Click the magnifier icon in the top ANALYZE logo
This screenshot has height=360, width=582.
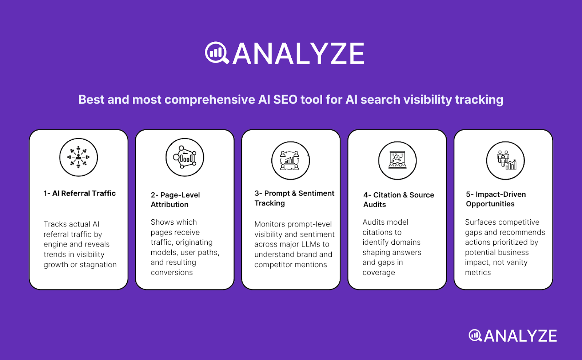[216, 53]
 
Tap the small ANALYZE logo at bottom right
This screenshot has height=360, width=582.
[513, 336]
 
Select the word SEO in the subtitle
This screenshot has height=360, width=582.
[285, 100]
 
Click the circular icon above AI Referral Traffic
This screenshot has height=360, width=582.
[79, 157]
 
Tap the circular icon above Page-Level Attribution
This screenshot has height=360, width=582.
[185, 157]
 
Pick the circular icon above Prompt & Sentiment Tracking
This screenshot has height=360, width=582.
[291, 160]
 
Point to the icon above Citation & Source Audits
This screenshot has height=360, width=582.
[397, 160]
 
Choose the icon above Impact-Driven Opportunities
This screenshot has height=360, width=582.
[505, 160]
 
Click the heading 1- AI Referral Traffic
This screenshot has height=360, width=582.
[80, 193]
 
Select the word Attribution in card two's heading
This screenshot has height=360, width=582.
[170, 204]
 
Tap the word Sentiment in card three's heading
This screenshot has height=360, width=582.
[316, 193]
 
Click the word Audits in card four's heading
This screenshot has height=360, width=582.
[374, 204]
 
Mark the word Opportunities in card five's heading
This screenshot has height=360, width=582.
[490, 204]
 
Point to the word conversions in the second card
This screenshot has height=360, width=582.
[172, 272]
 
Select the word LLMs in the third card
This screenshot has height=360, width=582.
[310, 244]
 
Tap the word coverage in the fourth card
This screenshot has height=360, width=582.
[379, 273]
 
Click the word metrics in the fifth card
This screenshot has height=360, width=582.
[478, 272]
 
